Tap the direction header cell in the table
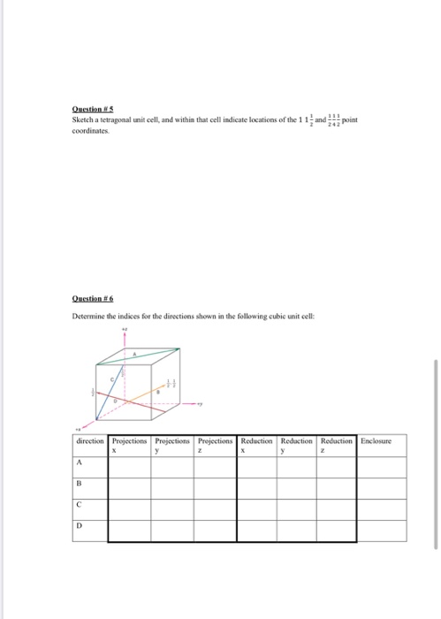tap(91, 439)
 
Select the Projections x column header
tap(131, 444)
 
